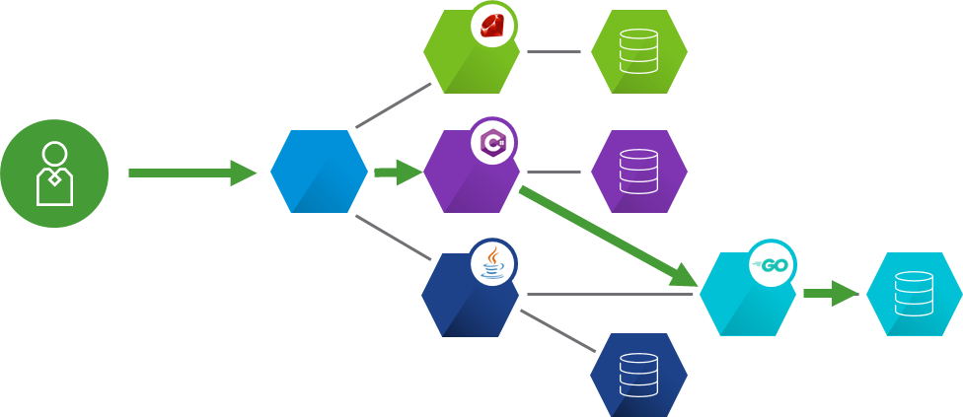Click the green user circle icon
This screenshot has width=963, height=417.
pyautogui.click(x=54, y=174)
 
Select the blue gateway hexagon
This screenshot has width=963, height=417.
pyautogui.click(x=319, y=172)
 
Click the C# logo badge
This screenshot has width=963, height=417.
pyautogui.click(x=493, y=144)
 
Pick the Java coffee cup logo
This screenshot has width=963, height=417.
pyautogui.click(x=493, y=263)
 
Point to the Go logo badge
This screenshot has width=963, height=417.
pyautogui.click(x=772, y=264)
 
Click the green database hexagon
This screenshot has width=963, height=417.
pyautogui.click(x=638, y=52)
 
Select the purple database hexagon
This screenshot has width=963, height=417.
pyautogui.click(x=638, y=172)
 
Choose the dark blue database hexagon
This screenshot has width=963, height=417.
pyautogui.click(x=638, y=375)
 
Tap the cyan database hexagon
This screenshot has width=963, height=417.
pyautogui.click(x=914, y=294)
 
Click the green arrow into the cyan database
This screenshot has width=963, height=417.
pyautogui.click(x=831, y=293)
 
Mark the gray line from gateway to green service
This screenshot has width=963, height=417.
pyautogui.click(x=393, y=105)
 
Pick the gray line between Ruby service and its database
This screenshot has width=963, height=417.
pyautogui.click(x=555, y=51)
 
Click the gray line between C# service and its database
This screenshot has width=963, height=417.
pyautogui.click(x=555, y=172)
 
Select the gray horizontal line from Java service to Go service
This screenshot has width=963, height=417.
pyautogui.click(x=612, y=294)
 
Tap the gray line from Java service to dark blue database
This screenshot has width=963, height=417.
pyautogui.click(x=558, y=331)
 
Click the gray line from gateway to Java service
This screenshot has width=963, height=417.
pyautogui.click(x=393, y=238)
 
